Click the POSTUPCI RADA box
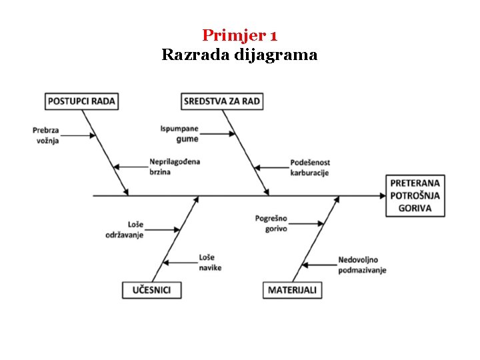81,101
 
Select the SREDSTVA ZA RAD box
222,101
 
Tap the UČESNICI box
151,290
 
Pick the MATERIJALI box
292,290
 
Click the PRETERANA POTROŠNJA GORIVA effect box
415,195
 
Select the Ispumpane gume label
179,133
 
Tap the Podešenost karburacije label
310,167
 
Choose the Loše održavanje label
125,229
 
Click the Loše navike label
210,262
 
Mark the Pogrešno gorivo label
271,223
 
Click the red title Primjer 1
239,35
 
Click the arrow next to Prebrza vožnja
79,135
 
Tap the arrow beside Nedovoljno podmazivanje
320,265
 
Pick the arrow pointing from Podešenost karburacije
271,167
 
